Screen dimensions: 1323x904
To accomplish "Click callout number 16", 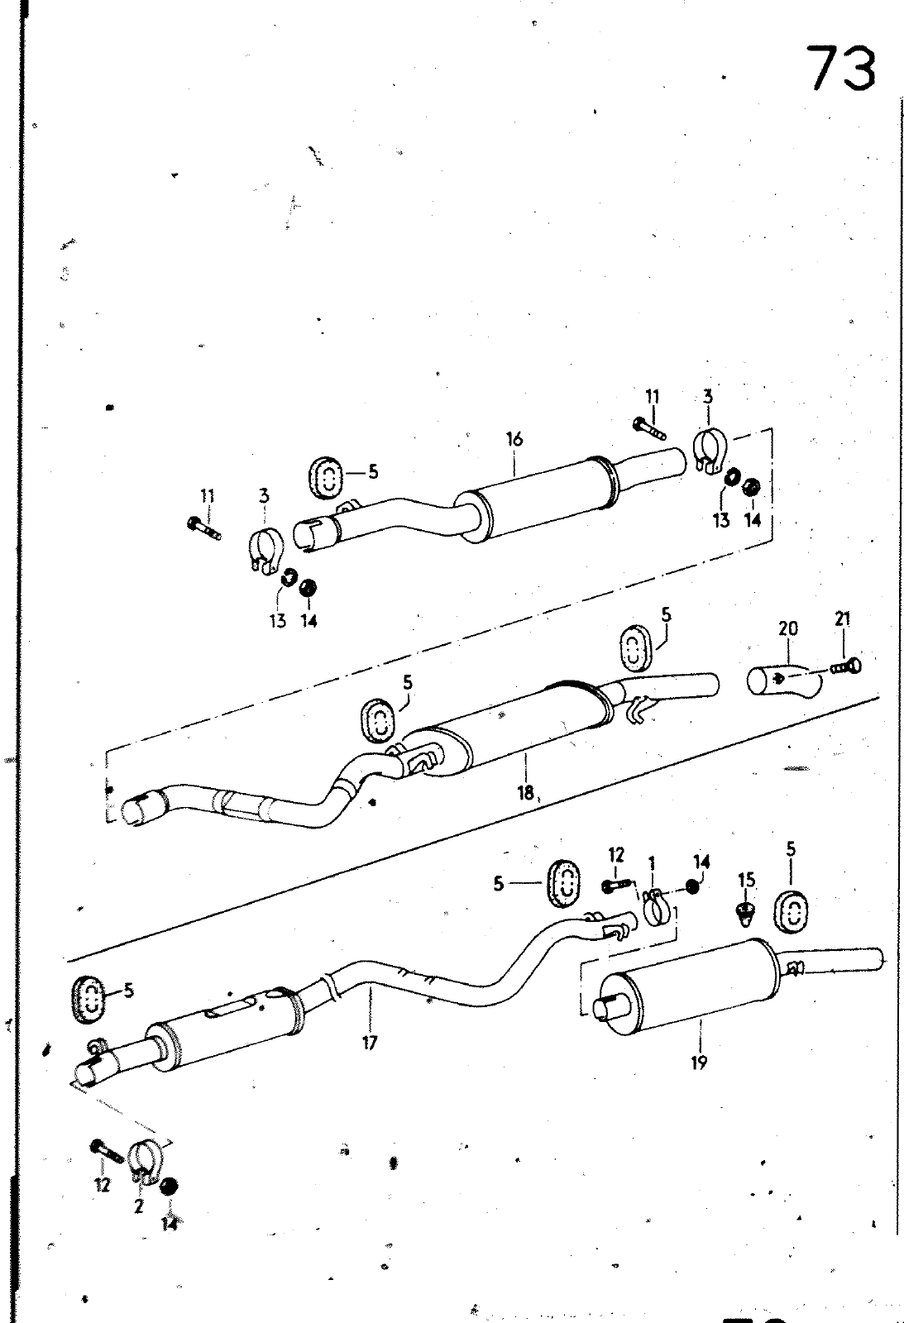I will coord(514,439).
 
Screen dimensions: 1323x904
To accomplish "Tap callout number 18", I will coord(525,793).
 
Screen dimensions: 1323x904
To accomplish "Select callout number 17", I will coord(369,1043).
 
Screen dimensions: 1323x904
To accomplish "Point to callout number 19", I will coord(699,1063).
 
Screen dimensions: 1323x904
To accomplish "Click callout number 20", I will coord(787,629).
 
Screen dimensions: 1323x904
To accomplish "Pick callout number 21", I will coord(843,619).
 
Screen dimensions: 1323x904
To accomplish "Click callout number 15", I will coord(747,881).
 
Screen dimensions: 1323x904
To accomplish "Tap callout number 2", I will coord(138,1206).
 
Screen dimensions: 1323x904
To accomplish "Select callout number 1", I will coord(652,863).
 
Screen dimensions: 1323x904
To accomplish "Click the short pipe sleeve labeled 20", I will coord(784,681).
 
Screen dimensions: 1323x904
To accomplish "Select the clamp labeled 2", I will coord(146,1158).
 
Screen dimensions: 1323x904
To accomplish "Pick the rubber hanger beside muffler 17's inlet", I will coord(86,997).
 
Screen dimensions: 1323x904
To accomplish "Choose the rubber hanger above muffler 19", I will coord(791,910).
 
